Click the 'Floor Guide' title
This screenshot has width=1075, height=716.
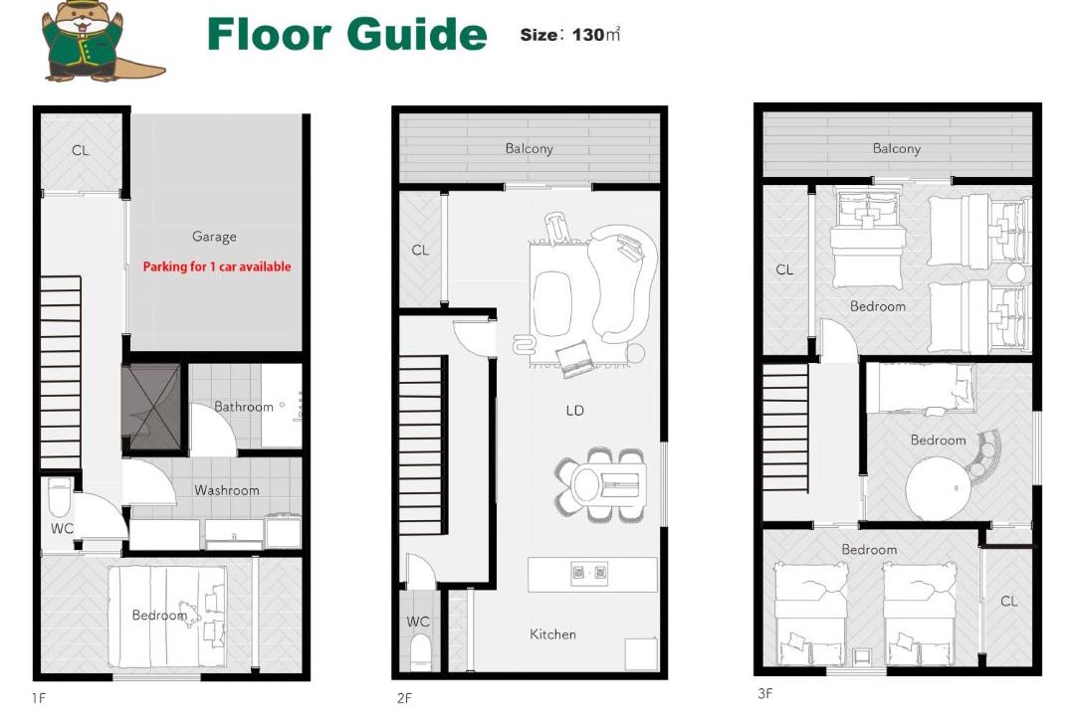[347, 34]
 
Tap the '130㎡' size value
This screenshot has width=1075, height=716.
[596, 34]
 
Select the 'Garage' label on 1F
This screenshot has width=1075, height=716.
[214, 237]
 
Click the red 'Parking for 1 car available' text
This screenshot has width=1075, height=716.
[217, 267]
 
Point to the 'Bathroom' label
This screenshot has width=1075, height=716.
[244, 407]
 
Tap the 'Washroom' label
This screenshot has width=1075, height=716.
[226, 490]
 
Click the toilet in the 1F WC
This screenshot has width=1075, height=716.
[59, 497]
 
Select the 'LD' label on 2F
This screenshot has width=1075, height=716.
[574, 411]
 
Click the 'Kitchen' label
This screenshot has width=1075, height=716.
[552, 634]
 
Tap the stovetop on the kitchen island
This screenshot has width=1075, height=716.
[589, 572]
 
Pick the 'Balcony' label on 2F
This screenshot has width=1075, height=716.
[529, 149]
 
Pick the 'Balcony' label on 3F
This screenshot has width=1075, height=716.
[896, 149]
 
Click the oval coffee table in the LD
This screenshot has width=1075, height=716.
[551, 303]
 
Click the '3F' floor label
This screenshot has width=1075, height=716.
[765, 693]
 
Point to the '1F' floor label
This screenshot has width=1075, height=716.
[39, 698]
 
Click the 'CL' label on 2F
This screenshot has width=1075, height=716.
[420, 250]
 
